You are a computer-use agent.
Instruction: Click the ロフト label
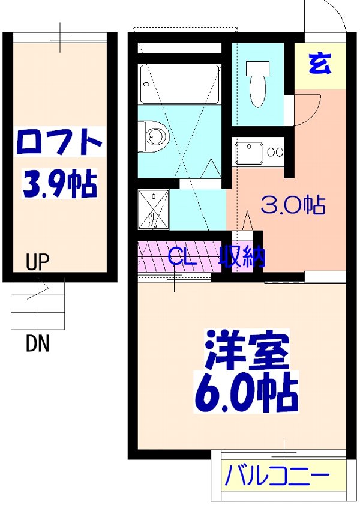(x=59, y=142)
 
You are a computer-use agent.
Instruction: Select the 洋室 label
(x=247, y=351)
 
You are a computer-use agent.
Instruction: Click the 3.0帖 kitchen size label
(x=293, y=206)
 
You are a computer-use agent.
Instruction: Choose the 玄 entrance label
(x=320, y=64)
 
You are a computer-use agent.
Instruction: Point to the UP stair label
(x=38, y=262)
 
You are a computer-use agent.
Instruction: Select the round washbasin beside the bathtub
(x=155, y=134)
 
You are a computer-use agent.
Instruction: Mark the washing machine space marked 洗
(x=152, y=210)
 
